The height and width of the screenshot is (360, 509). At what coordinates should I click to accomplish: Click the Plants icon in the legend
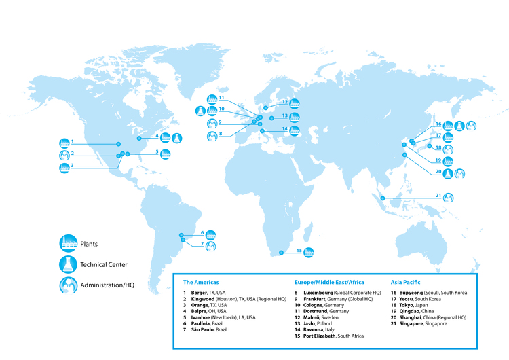[68, 244]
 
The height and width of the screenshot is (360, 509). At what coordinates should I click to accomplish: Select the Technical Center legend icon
[68, 264]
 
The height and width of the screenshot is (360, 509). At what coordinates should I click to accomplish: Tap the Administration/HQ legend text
[107, 285]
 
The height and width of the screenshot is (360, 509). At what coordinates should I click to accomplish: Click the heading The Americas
[201, 281]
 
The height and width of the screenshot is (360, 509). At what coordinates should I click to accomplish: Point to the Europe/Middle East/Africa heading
[329, 281]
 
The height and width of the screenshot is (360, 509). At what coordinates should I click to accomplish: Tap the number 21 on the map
[438, 196]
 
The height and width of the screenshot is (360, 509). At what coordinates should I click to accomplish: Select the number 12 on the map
[285, 102]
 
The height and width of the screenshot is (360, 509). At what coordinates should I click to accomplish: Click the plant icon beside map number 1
[64, 143]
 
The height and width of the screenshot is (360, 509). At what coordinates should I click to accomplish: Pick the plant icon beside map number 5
[167, 153]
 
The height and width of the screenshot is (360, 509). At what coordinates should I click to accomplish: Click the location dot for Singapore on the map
[383, 198]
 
